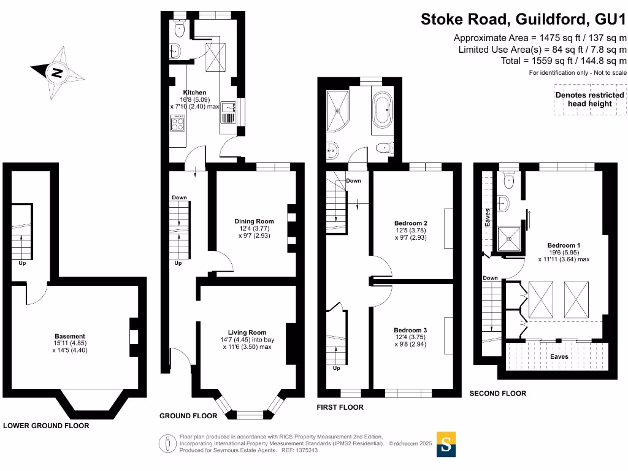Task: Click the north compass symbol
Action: [x=56, y=72]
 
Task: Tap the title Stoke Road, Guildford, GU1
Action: [x=523, y=20]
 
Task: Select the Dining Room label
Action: [x=254, y=221]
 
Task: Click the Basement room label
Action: [x=70, y=336]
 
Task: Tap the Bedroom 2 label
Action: [x=410, y=223]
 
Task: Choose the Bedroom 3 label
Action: [x=410, y=330]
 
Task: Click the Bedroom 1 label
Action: [x=564, y=245]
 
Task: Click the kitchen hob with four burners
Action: [x=178, y=125]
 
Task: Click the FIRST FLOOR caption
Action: [x=340, y=407]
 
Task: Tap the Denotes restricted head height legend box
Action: [x=589, y=99]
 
